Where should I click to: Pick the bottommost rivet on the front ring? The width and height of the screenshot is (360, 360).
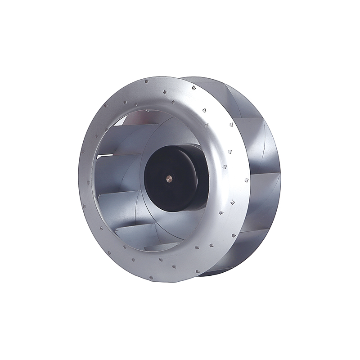[x=150, y=278]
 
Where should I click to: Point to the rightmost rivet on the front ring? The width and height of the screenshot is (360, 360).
[x=246, y=180]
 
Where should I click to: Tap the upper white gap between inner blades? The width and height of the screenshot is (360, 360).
[x=104, y=155]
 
